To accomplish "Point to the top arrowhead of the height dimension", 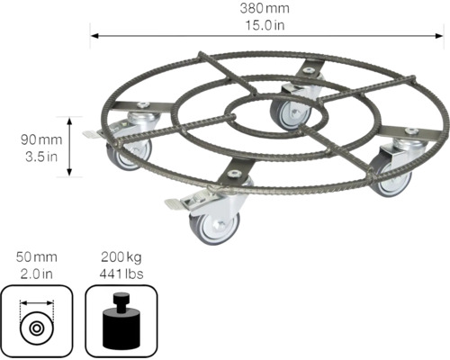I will [x=68, y=119].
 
